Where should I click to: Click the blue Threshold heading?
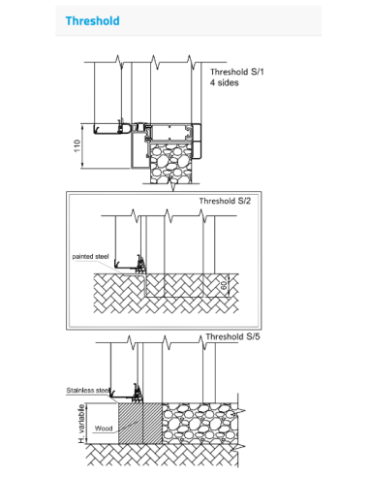tap(93, 21)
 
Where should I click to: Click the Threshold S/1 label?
tap(237, 72)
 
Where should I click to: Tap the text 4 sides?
tap(225, 82)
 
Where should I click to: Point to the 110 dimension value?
tap(77, 145)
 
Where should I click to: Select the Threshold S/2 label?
tap(225, 201)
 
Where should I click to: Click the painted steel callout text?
tap(90, 257)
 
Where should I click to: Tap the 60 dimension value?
tap(224, 285)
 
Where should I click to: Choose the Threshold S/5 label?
tap(232, 336)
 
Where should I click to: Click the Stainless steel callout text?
tap(88, 391)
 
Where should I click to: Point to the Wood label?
tap(104, 429)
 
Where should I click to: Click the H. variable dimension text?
tap(81, 424)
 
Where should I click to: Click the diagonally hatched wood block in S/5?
tap(140, 424)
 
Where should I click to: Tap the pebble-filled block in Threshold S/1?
tap(171, 164)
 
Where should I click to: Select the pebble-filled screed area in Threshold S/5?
tap(200, 424)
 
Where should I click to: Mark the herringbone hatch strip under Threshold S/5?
tap(163, 455)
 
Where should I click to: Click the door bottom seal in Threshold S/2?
tap(140, 265)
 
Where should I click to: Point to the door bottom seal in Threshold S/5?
tap(138, 393)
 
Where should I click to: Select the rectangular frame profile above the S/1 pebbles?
tap(172, 133)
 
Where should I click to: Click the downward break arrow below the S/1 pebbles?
tap(173, 187)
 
